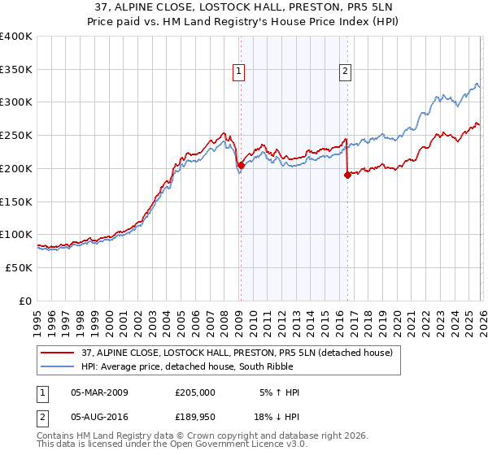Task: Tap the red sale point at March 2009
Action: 241,165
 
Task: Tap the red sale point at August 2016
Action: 347,175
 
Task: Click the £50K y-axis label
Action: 20,267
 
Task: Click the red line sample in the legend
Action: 59,353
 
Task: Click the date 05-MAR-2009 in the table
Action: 99,392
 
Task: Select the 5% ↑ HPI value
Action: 280,392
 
